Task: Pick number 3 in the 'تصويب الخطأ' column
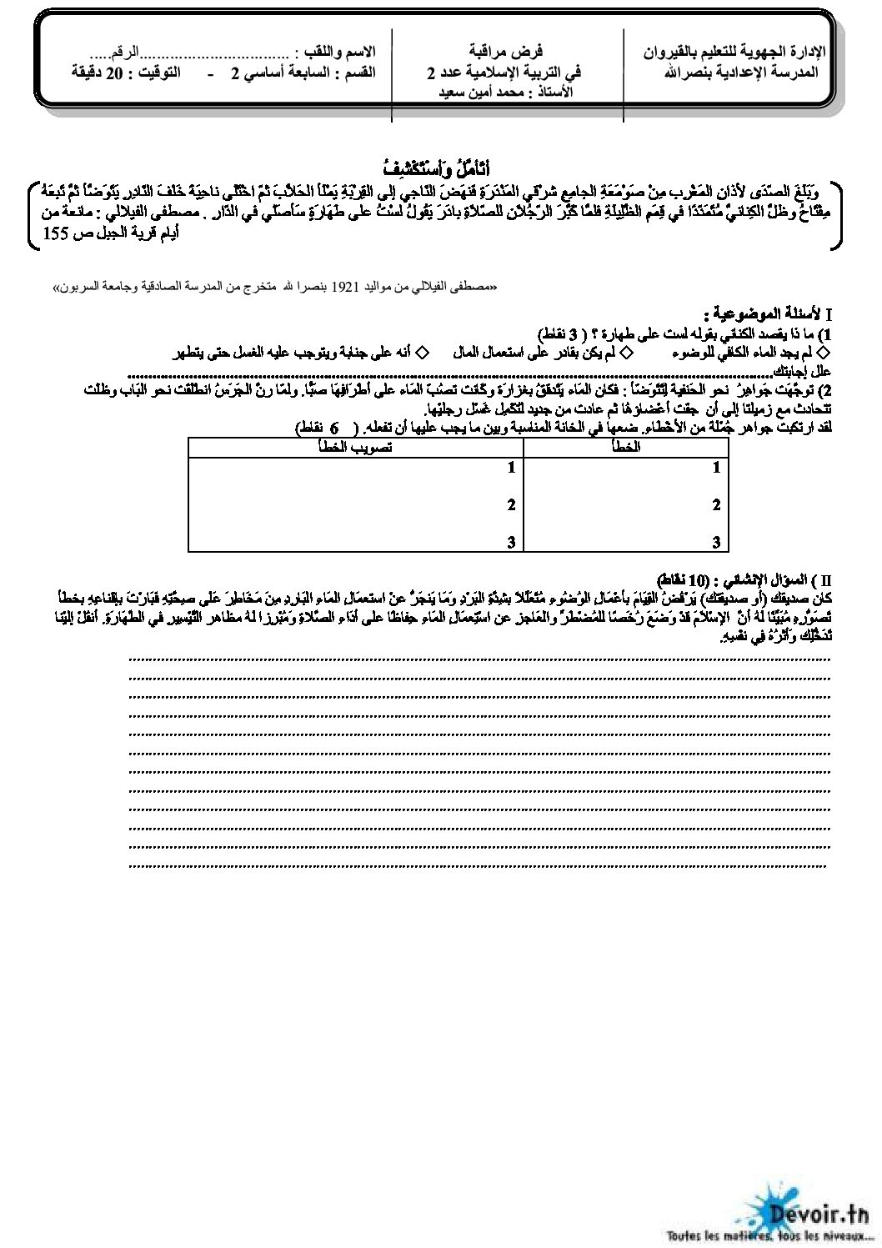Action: coord(511,542)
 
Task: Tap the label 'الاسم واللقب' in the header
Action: coord(345,52)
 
